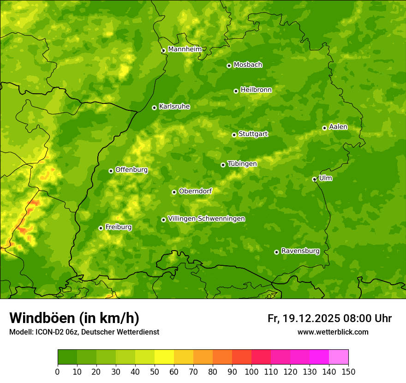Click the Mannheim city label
pos(185,49)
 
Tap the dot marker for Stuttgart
pos(234,135)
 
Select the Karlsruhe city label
pos(174,106)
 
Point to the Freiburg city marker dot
pos(101,228)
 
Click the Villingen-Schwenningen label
pos(206,218)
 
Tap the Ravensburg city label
pos(300,251)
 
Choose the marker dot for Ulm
pos(314,179)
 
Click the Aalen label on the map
pos(338,126)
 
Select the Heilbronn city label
pos(256,90)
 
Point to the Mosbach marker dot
pos(229,66)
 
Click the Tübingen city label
pos(242,163)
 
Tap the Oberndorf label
pos(195,191)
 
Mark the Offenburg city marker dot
pos(111,171)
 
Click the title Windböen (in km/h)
pos(74,318)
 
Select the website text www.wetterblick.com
pos(333,332)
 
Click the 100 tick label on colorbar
pos(251,371)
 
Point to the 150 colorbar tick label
pos(348,371)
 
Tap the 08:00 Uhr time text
pos(367,318)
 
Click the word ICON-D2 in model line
pos(48,332)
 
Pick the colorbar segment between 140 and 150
pos(338,357)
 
